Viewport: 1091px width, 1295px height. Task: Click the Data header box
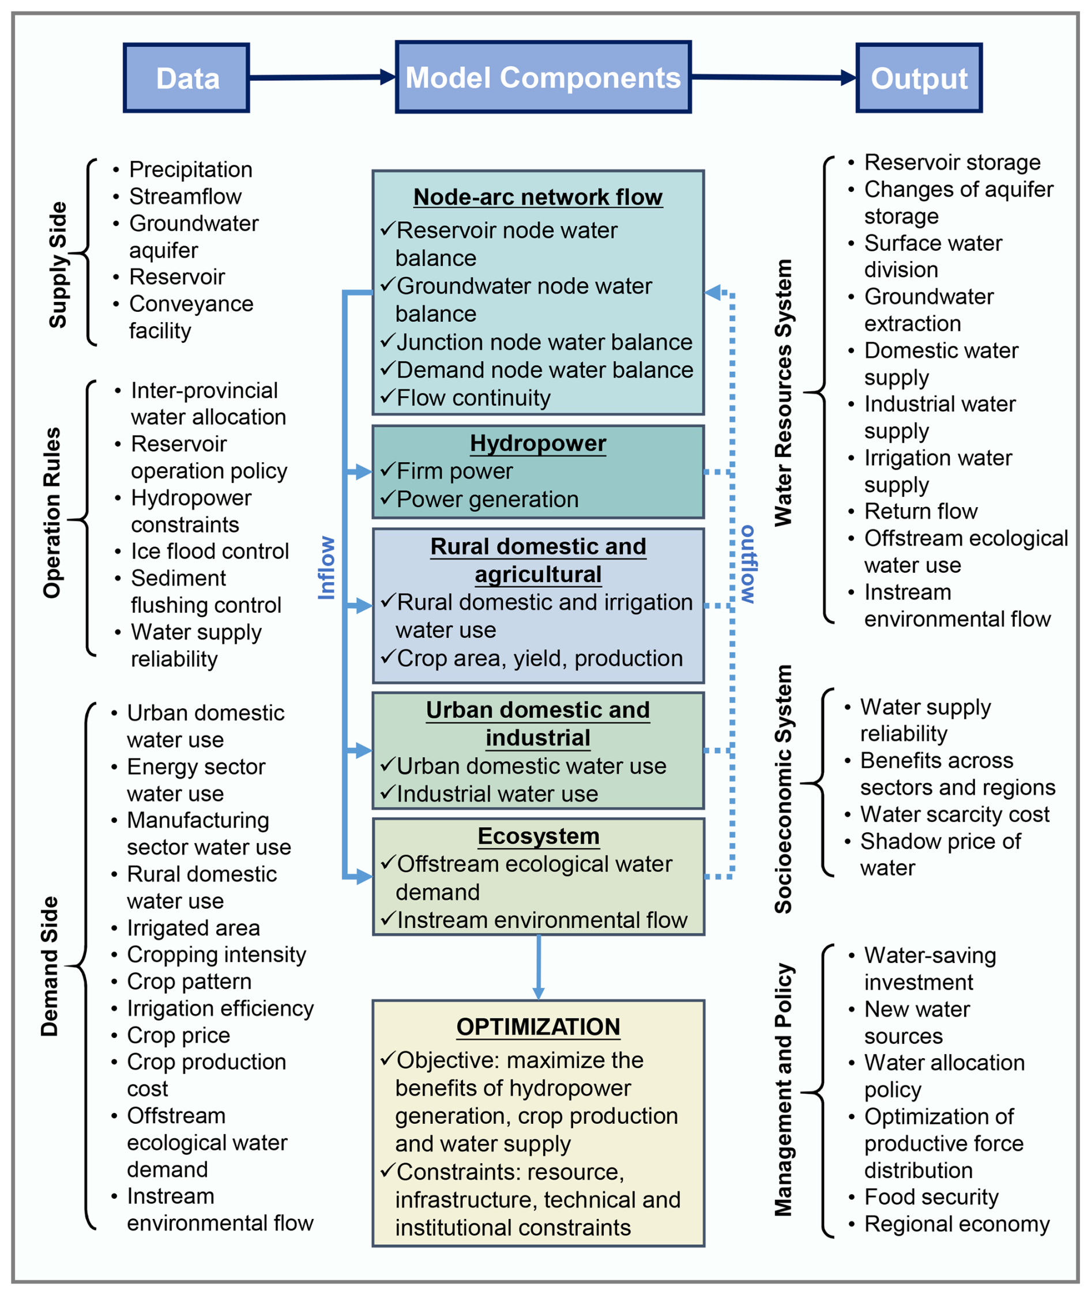click(x=186, y=78)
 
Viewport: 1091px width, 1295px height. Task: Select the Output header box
click(x=919, y=78)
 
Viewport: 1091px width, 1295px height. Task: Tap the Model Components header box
click(x=543, y=77)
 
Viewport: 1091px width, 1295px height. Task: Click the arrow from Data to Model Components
click(x=322, y=77)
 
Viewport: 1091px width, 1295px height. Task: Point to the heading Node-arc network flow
click(x=537, y=197)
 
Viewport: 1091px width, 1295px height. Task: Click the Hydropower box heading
click(x=537, y=443)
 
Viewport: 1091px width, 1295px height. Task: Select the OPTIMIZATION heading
click(x=537, y=1027)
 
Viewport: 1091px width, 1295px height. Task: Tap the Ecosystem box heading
click(x=538, y=836)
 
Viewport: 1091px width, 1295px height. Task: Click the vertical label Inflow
click(x=326, y=568)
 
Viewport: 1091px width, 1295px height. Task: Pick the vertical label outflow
click(x=748, y=564)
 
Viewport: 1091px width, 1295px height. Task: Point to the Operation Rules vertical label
click(x=52, y=512)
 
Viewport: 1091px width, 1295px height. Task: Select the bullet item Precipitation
click(x=190, y=169)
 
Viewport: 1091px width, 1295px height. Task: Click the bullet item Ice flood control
click(x=210, y=551)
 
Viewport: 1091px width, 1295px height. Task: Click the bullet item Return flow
click(x=920, y=511)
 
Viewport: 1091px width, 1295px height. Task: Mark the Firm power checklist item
click(x=454, y=471)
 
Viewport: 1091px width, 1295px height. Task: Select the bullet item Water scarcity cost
click(x=954, y=814)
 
